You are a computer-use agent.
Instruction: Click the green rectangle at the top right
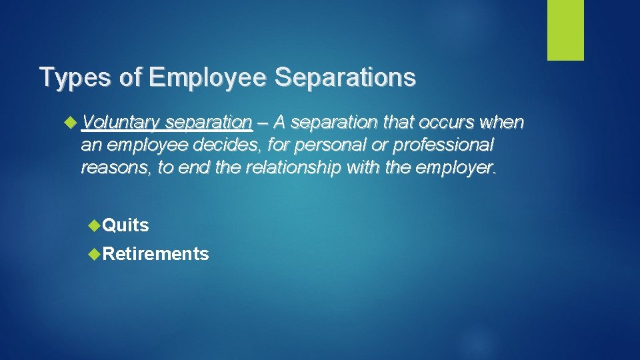pyautogui.click(x=565, y=30)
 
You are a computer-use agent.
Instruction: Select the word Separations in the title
pyautogui.click(x=345, y=77)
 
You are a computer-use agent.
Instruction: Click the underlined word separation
pyautogui.click(x=208, y=123)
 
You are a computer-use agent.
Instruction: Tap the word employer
pyautogui.click(x=457, y=167)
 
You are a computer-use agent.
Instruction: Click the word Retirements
pyautogui.click(x=156, y=254)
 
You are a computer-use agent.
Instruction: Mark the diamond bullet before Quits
pyautogui.click(x=94, y=225)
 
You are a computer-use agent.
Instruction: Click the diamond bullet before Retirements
pyautogui.click(x=94, y=253)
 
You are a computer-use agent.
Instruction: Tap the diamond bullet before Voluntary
pyautogui.click(x=73, y=123)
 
